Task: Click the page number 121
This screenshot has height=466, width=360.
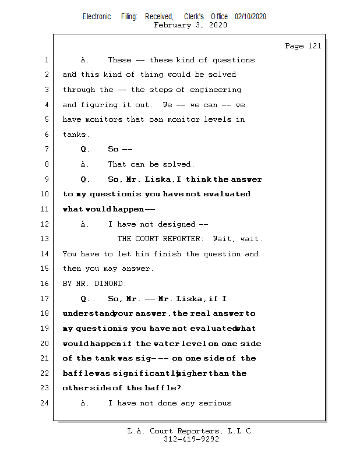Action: (314, 46)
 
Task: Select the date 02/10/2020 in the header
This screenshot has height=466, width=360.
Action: (250, 17)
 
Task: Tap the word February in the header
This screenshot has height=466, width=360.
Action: (172, 25)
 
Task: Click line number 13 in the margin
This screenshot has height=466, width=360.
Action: (45, 239)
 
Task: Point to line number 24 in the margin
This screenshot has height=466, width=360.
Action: (45, 403)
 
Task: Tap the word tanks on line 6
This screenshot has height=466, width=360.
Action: (74, 135)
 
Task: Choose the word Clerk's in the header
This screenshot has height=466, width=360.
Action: (194, 17)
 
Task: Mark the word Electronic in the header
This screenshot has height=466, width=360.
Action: (97, 17)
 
